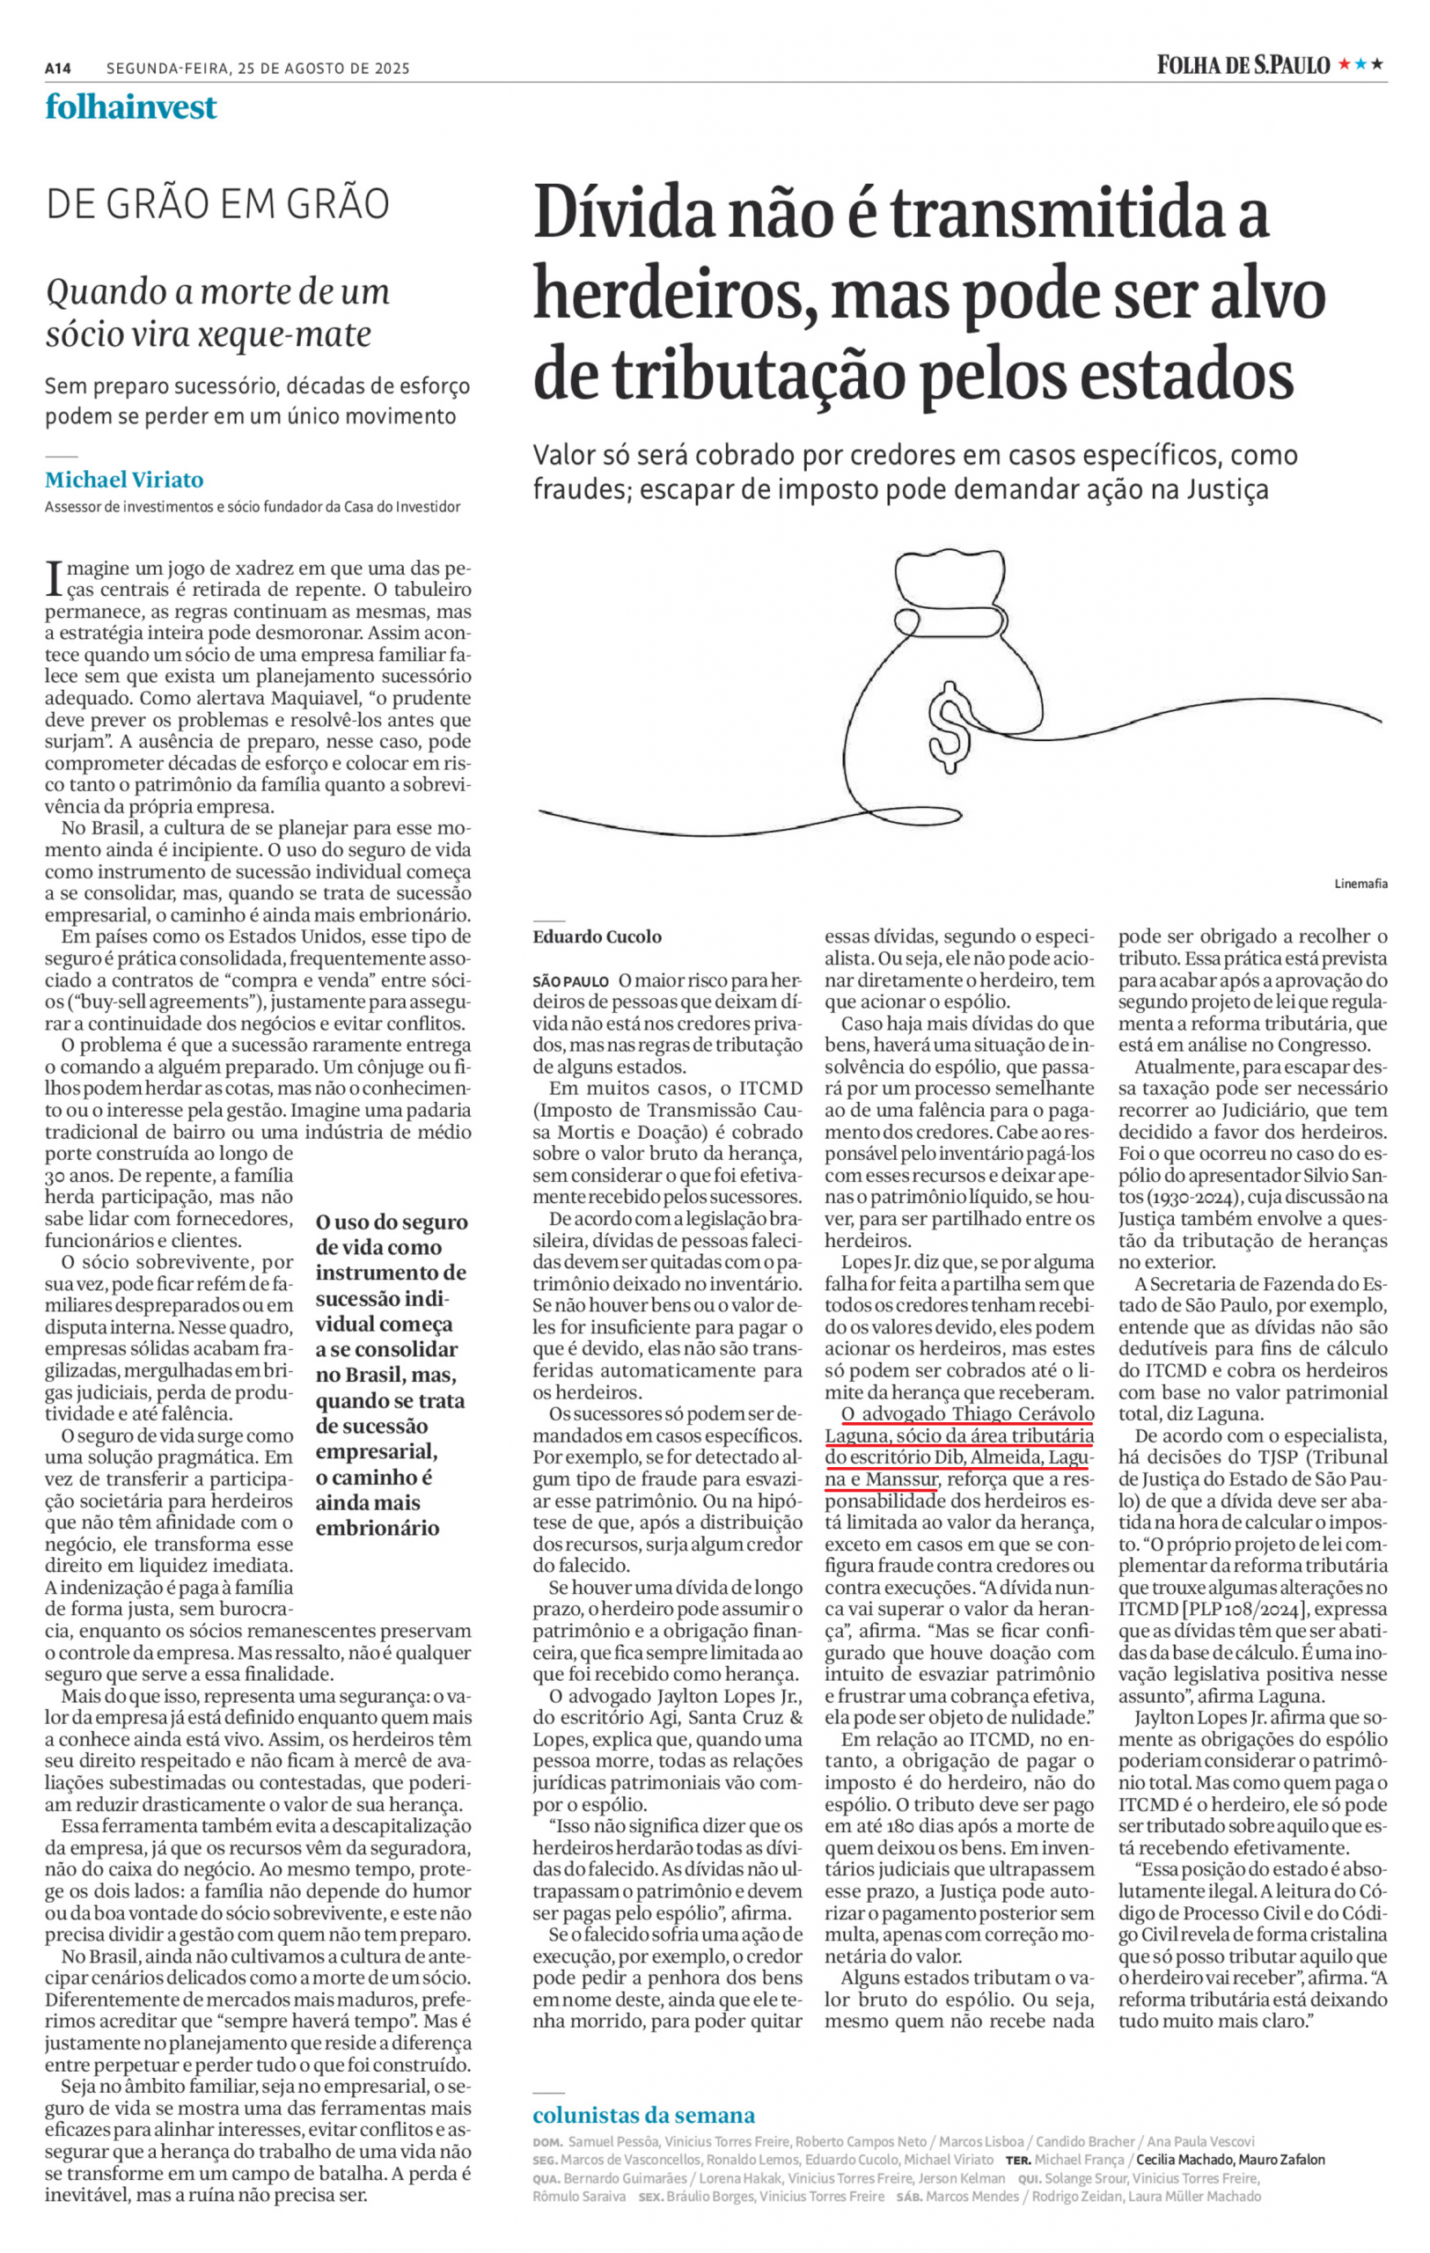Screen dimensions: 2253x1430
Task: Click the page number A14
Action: point(58,69)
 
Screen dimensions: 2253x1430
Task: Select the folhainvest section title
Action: point(131,107)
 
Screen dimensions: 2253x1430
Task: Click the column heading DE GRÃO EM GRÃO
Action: point(218,205)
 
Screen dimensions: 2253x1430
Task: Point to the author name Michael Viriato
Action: point(124,480)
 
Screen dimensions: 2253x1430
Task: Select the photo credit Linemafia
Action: point(1360,884)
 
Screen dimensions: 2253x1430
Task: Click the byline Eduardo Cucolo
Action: point(597,937)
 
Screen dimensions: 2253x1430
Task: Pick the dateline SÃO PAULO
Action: point(570,981)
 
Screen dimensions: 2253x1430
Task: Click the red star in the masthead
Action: point(1344,64)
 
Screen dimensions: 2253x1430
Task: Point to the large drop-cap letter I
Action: point(55,579)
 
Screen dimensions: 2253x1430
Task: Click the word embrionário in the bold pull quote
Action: point(377,1528)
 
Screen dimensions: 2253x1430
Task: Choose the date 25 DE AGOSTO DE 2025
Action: point(323,69)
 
